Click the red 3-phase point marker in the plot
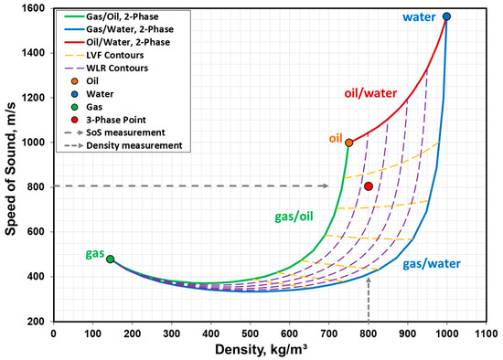click(x=368, y=186)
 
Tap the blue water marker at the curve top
click(x=446, y=16)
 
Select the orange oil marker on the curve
click(x=349, y=143)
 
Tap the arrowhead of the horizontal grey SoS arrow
click(x=326, y=186)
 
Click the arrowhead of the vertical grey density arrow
click(x=368, y=278)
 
